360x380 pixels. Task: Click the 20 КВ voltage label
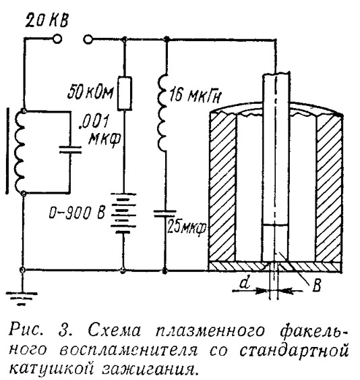(x=47, y=21)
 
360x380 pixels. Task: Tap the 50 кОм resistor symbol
(x=125, y=93)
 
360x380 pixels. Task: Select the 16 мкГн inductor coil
(x=162, y=112)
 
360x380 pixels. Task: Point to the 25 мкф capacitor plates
(x=165, y=213)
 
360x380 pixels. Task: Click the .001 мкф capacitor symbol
(x=70, y=150)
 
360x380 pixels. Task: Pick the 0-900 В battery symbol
(x=123, y=213)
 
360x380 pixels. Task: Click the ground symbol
(x=22, y=298)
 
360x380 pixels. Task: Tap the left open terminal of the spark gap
(x=57, y=38)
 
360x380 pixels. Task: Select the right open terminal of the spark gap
(x=88, y=39)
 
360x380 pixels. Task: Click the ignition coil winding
(x=20, y=152)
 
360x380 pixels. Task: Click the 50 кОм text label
(x=90, y=92)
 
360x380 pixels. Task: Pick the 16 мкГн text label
(x=196, y=96)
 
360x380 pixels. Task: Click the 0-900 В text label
(x=77, y=213)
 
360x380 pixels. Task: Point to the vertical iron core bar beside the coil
(x=7, y=151)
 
